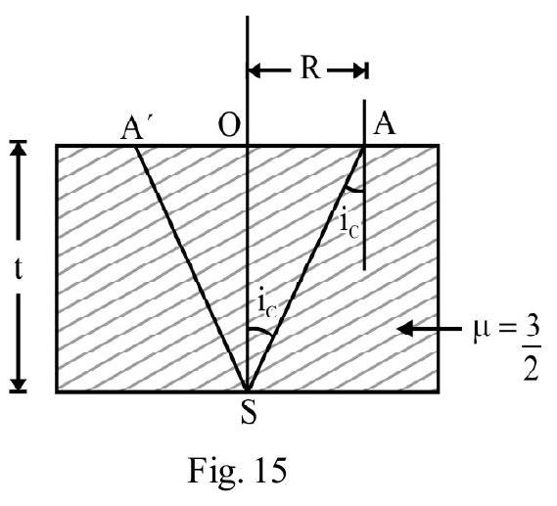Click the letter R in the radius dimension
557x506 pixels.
tap(311, 68)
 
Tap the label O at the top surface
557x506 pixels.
tap(229, 126)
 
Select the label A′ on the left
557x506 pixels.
tap(132, 127)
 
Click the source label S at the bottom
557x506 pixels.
tap(249, 413)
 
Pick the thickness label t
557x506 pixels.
tap(19, 269)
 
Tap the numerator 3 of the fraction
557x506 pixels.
tap(531, 329)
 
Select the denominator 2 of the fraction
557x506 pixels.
tap(531, 369)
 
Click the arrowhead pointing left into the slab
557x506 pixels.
tap(405, 329)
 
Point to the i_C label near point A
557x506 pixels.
tap(348, 225)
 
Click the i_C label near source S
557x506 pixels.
tap(267, 307)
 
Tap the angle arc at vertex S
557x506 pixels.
tap(261, 330)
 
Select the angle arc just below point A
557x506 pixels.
tap(354, 190)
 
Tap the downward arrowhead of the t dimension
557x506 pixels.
tap(19, 385)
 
